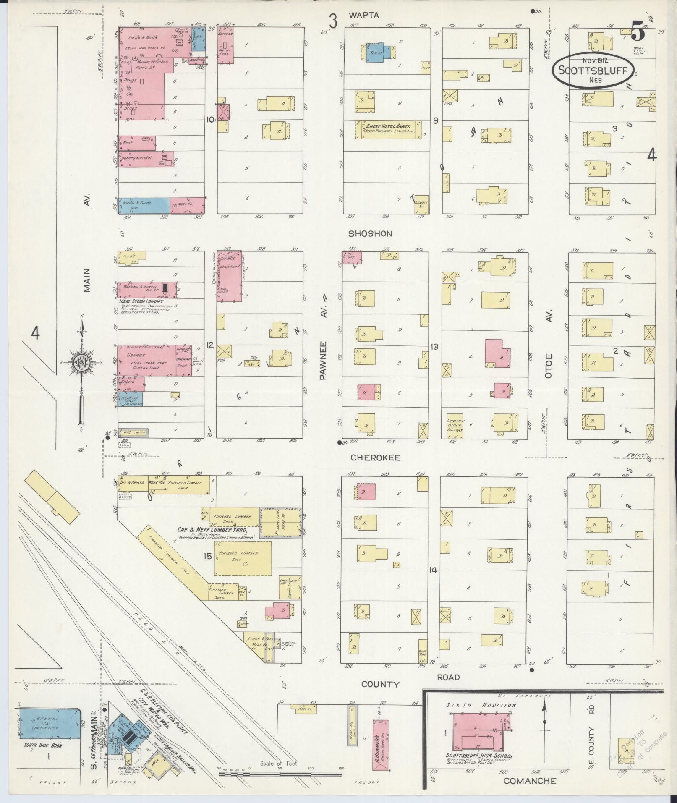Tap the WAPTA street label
(x=363, y=16)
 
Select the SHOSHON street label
(x=369, y=233)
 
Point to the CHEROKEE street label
(x=375, y=458)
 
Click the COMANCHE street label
(x=530, y=781)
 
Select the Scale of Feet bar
(x=280, y=773)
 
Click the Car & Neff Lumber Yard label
(x=211, y=530)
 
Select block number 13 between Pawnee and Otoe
(x=434, y=347)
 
